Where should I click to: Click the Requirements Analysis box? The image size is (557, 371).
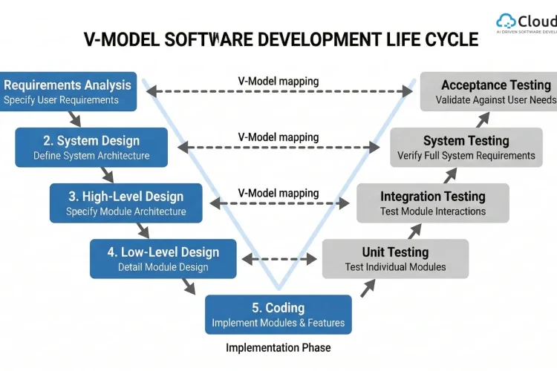(68, 91)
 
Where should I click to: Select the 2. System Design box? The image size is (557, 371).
(91, 147)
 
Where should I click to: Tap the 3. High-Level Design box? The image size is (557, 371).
(126, 203)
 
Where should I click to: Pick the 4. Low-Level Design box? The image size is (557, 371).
(163, 258)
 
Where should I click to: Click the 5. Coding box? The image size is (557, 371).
(278, 315)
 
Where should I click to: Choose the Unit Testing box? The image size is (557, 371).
(395, 258)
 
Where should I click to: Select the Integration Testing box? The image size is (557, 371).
(433, 203)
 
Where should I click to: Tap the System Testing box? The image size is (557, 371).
(466, 147)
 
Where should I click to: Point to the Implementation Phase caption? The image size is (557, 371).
(278, 347)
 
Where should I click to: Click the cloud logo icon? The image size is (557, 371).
(506, 22)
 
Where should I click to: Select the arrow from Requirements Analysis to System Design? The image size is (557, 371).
(74, 119)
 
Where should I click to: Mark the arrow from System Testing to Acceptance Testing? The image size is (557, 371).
(483, 119)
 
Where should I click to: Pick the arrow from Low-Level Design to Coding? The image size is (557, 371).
(195, 286)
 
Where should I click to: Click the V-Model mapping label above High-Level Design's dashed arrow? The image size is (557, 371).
(278, 193)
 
